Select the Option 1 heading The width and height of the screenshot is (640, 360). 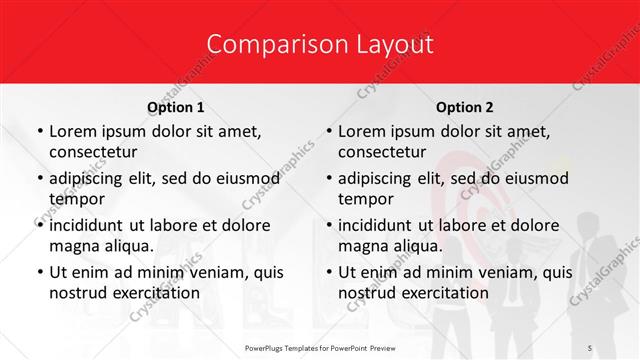coord(175,107)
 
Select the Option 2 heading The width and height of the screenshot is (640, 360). coord(465,107)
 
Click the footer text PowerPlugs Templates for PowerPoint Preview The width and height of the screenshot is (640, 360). coord(319,347)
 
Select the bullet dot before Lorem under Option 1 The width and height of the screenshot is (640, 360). coord(39,132)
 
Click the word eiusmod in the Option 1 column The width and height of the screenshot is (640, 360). coord(247,178)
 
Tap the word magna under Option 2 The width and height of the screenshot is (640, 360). coord(363,245)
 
